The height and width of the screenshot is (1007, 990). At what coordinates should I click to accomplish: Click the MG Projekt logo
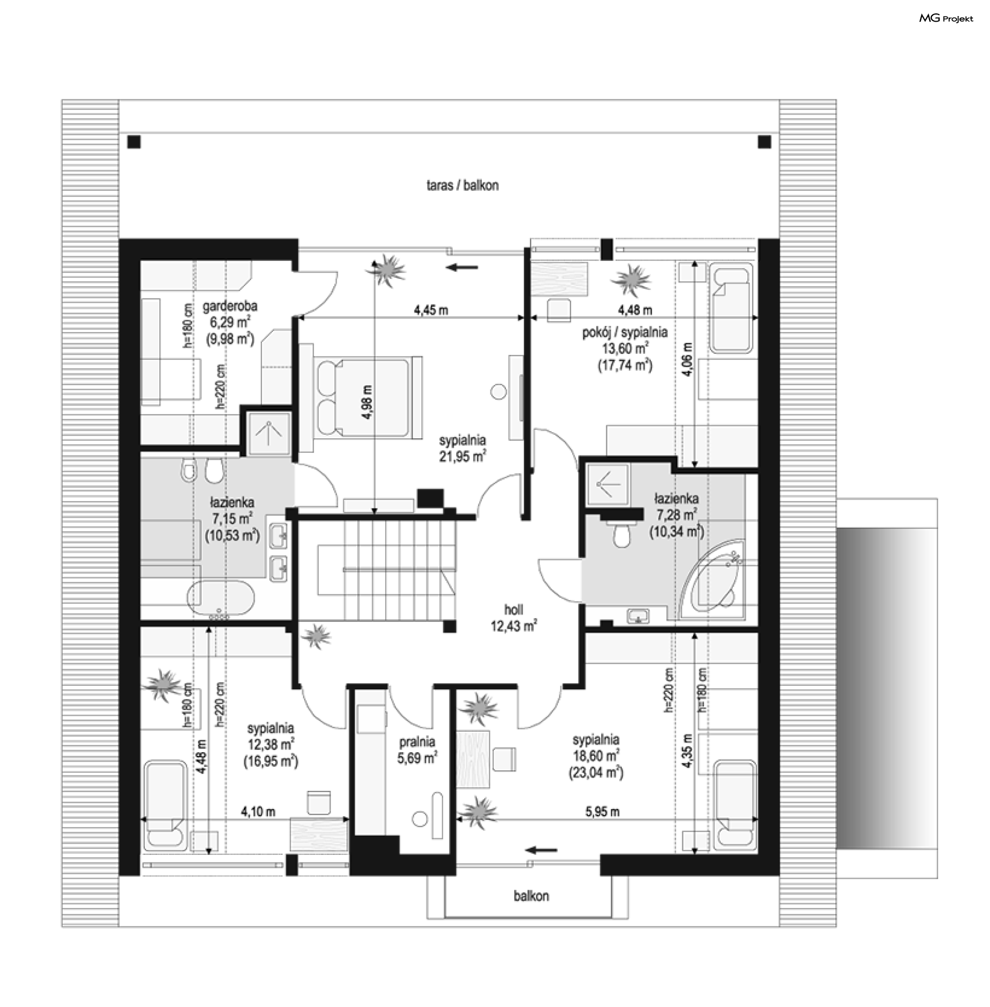946,19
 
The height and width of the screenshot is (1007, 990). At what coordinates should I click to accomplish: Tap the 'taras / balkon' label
462,186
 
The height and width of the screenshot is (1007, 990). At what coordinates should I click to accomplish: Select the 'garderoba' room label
230,307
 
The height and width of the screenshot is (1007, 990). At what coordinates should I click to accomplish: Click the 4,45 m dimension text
431,310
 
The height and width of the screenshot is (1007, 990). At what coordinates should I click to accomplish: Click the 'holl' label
513,609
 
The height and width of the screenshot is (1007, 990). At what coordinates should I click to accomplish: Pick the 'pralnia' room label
417,742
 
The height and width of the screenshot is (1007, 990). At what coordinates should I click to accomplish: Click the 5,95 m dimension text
602,812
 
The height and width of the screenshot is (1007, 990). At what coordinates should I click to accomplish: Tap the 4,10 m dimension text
258,812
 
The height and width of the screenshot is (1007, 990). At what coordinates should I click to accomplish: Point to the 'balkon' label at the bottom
531,896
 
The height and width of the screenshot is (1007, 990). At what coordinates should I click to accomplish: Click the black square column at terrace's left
134,142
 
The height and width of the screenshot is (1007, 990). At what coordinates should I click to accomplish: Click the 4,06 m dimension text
688,360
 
